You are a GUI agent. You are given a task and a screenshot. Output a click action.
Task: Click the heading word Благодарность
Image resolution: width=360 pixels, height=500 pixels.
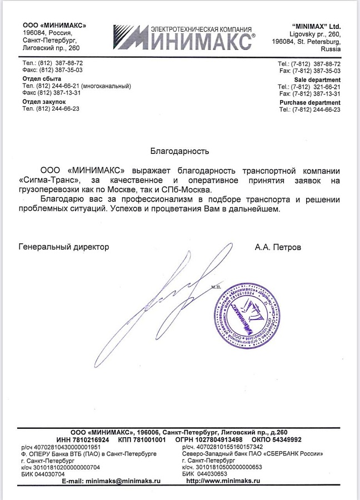(x=179, y=151)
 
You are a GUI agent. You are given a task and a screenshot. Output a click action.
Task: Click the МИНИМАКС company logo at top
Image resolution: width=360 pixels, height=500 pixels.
(x=184, y=37)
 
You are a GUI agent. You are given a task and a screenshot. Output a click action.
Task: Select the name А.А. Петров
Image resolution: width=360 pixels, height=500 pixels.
(x=278, y=247)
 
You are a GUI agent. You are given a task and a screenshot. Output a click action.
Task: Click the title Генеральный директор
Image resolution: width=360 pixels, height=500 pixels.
(x=64, y=247)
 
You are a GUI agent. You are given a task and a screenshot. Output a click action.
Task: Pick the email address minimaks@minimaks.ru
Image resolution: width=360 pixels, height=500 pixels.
(x=122, y=481)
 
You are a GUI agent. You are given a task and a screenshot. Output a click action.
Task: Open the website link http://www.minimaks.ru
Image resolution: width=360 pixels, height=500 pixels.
(x=223, y=481)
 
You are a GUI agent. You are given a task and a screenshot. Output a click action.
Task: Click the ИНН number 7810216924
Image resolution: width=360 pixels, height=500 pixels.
(x=92, y=439)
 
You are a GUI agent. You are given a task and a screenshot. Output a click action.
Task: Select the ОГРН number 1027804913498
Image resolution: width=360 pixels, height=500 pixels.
(x=217, y=439)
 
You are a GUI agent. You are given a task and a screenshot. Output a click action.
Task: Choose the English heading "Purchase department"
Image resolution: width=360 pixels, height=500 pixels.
(x=310, y=103)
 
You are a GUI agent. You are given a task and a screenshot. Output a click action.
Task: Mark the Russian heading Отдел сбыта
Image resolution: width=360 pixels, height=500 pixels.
(x=42, y=79)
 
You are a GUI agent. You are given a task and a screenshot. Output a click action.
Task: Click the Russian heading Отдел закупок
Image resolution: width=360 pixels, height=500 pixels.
(x=44, y=102)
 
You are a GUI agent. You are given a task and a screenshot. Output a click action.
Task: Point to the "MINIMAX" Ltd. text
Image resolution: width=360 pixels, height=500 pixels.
(x=316, y=26)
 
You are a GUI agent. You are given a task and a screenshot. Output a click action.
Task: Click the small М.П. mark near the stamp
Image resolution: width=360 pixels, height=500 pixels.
(x=216, y=287)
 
